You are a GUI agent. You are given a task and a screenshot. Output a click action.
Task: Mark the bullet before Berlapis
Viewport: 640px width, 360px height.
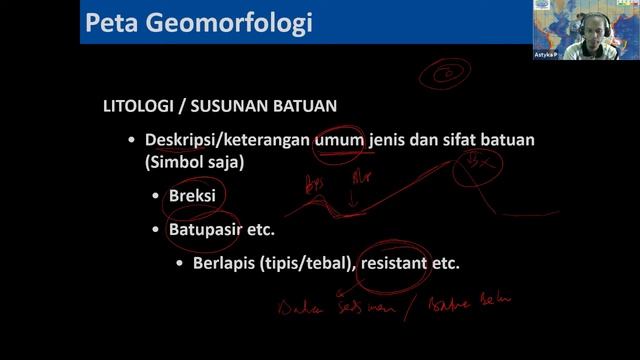click(x=181, y=264)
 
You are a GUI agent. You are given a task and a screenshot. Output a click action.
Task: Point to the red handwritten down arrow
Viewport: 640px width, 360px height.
click(x=351, y=200)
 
